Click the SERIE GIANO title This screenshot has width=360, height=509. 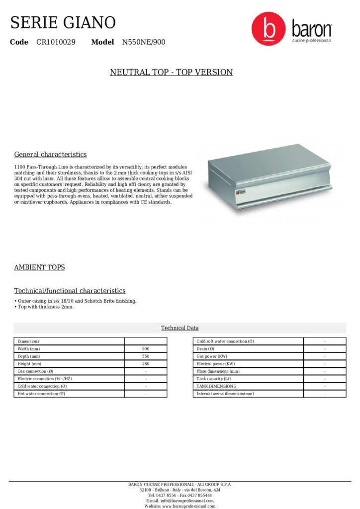coord(63,22)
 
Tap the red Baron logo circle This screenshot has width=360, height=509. coord(269,29)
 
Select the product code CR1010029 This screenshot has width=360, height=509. coord(56,42)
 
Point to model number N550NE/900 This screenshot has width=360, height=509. coord(144,42)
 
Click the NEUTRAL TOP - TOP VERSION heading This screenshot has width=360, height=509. coord(171,73)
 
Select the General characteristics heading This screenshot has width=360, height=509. coord(50,155)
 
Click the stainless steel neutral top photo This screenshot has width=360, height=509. coord(269,176)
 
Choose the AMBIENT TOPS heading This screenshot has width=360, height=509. coord(39,267)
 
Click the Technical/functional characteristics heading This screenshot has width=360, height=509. coord(70,291)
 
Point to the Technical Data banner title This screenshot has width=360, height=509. coord(180,328)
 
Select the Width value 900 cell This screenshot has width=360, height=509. coord(146,349)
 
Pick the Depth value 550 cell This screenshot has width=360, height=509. coord(146,356)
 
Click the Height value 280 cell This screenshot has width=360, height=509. coord(146,364)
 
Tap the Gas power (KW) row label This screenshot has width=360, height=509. coord(212,356)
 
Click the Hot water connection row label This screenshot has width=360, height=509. coord(41,394)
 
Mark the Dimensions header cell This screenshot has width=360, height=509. coord(28,341)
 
